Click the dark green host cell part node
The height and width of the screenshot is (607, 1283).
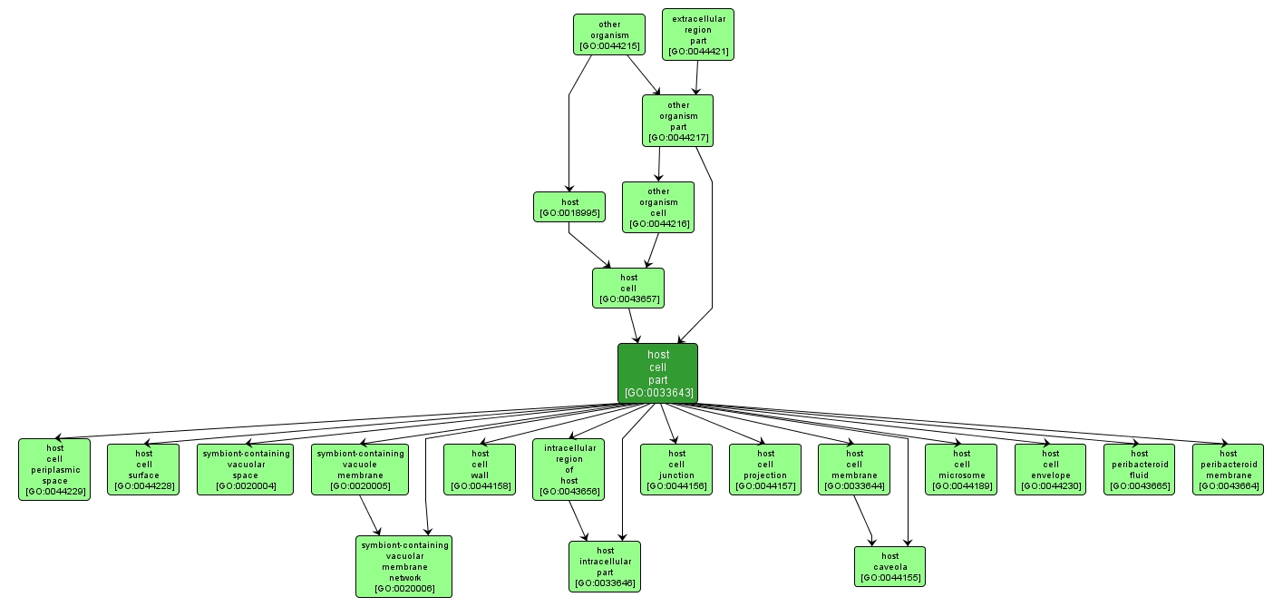pyautogui.click(x=657, y=373)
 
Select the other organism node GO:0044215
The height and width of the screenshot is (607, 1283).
pyautogui.click(x=608, y=34)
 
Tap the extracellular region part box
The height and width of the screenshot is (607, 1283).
pyautogui.click(x=697, y=34)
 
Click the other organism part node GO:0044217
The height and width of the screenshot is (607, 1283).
pyautogui.click(x=677, y=121)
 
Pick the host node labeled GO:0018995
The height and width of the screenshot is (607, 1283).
pyautogui.click(x=569, y=207)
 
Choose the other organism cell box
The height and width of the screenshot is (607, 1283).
pyautogui.click(x=657, y=207)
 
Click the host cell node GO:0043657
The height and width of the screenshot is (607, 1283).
pyautogui.click(x=627, y=288)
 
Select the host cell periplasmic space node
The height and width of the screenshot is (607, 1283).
pyautogui.click(x=54, y=469)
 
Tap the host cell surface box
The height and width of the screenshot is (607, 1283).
pyautogui.click(x=143, y=469)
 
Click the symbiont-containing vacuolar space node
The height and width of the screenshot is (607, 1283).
pyautogui.click(x=245, y=469)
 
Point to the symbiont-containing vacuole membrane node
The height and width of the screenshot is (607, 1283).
pyautogui.click(x=359, y=469)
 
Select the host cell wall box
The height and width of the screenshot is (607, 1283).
pyautogui.click(x=480, y=469)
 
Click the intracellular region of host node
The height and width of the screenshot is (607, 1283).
pyautogui.click(x=569, y=469)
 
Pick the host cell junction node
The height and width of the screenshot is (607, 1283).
pyautogui.click(x=676, y=469)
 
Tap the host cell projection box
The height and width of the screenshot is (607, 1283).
pyautogui.click(x=765, y=469)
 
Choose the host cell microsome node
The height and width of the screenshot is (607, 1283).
pyautogui.click(x=960, y=469)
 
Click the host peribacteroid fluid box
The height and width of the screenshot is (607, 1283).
pyautogui.click(x=1139, y=469)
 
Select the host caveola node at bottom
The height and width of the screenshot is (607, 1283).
pyautogui.click(x=889, y=566)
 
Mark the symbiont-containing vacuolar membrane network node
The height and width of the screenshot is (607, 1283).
pyautogui.click(x=403, y=566)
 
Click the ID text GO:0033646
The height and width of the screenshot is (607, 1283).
pyautogui.click(x=605, y=583)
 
